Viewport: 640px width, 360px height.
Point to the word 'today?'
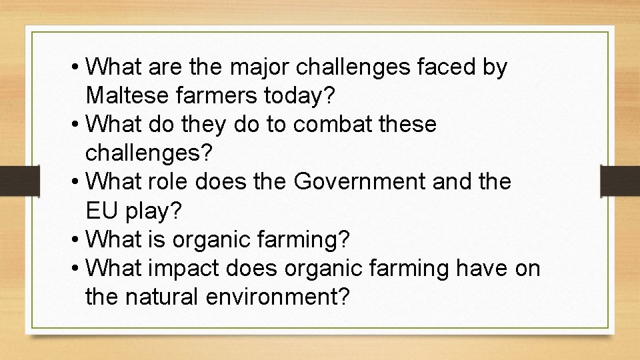[x=299, y=96]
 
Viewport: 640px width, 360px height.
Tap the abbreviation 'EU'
[x=101, y=210]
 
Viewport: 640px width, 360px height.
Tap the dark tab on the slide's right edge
[x=619, y=180]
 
